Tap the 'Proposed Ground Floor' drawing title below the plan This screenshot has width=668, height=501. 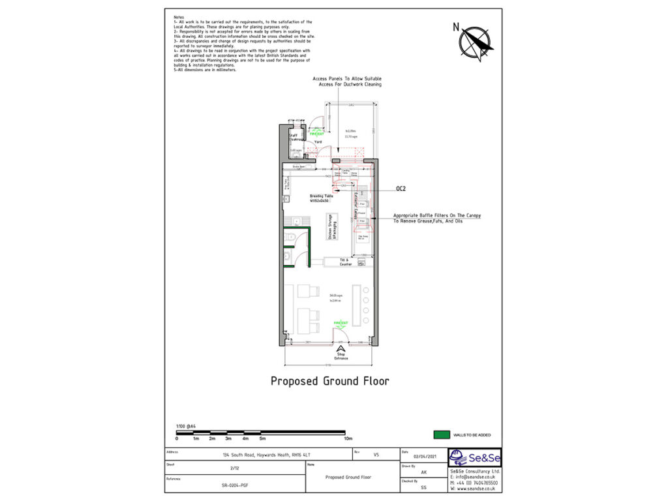click(329, 381)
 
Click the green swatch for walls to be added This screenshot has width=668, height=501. click(442, 434)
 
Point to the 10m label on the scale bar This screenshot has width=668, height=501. click(348, 438)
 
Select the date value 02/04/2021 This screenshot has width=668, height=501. click(423, 456)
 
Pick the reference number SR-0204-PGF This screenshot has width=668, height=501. click(234, 486)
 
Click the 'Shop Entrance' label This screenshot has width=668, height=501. click(341, 356)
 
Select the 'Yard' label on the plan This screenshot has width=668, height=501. click(318, 142)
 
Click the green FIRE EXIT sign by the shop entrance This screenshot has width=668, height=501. click(339, 323)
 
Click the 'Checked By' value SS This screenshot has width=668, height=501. click(423, 487)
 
